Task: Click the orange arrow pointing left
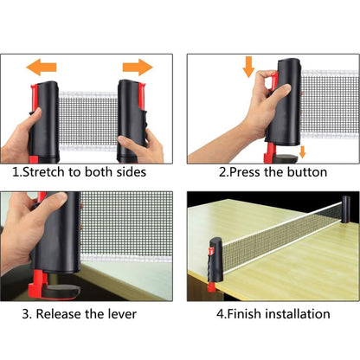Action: [x=42, y=67]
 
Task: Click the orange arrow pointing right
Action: [x=138, y=67]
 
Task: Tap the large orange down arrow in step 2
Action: [x=248, y=67]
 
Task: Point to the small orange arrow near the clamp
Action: [x=302, y=151]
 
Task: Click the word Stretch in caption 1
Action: [x=43, y=172]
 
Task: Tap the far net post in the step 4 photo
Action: [x=345, y=209]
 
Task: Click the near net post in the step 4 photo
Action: [x=216, y=260]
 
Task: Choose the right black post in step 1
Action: [x=132, y=121]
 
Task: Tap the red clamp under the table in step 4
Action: [x=211, y=287]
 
